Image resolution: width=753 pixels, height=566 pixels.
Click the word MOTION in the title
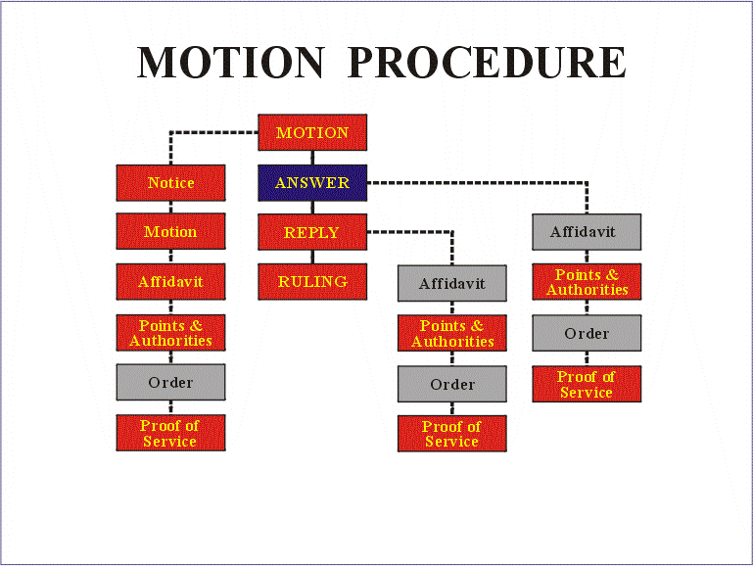coord(230,63)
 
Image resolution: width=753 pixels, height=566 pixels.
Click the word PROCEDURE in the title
coord(487,63)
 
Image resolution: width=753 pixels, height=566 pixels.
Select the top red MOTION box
coord(312,133)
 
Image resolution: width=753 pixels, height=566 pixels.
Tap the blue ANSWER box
coord(312,183)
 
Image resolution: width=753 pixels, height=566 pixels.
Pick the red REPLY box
coord(312,233)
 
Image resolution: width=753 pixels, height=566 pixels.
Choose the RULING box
coord(312,282)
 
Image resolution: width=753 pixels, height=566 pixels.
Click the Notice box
coord(170,183)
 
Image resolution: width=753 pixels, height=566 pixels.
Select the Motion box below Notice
coord(170,232)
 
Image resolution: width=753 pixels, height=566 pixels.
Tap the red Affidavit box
coord(170,282)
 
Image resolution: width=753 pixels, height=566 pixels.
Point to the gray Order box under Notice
coord(170,382)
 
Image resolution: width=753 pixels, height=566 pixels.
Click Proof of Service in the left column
coord(170,433)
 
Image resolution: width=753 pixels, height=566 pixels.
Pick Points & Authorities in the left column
coord(170,333)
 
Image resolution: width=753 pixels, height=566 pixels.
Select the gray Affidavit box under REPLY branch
coord(451,284)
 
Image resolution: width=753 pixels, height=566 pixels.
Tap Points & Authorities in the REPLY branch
coord(451,333)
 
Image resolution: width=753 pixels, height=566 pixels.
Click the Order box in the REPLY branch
coord(451,384)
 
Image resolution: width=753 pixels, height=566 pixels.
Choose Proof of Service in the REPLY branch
coord(451,434)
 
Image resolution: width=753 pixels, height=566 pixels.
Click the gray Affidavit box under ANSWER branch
coord(587,232)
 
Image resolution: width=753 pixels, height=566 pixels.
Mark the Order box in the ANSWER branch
coord(587,333)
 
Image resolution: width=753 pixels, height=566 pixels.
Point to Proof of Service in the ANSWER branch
coord(587,384)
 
